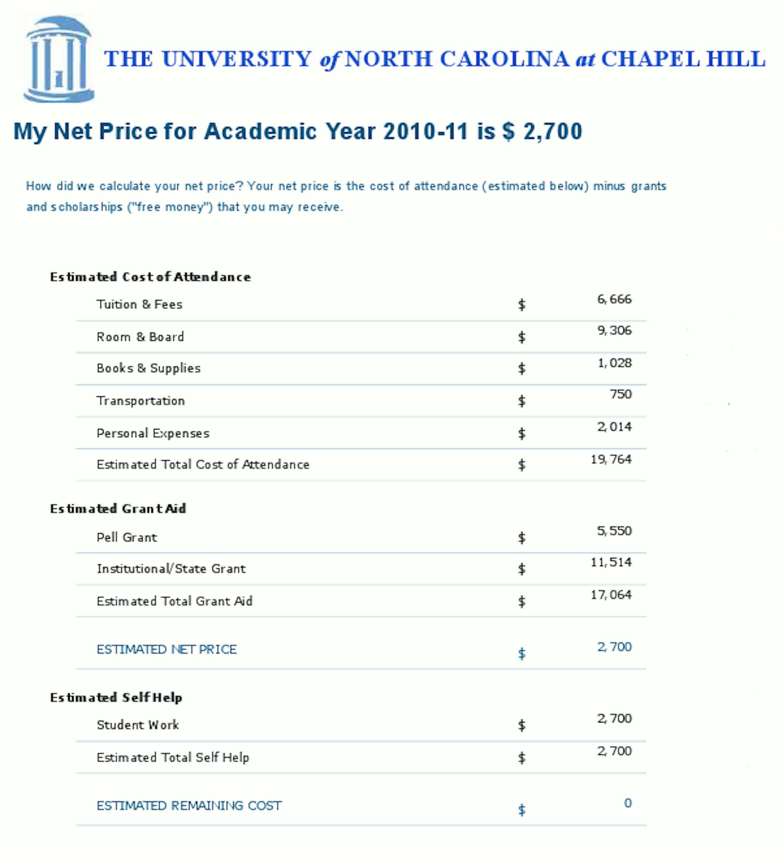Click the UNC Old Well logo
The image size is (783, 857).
tap(59, 60)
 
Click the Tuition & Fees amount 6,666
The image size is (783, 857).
tap(614, 299)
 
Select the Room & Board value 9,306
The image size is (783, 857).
tap(614, 330)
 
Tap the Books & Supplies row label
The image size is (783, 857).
tap(148, 368)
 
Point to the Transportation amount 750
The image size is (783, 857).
tap(621, 394)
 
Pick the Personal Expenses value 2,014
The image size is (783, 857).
tap(614, 427)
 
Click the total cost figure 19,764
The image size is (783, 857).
tap(611, 459)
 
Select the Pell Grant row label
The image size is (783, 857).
tap(127, 537)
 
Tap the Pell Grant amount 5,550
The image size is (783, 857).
tap(614, 531)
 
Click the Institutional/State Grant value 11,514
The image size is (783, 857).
tap(611, 562)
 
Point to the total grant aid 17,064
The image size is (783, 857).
tap(611, 595)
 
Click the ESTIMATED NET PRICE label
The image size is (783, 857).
tap(166, 649)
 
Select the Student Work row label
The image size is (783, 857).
tap(138, 725)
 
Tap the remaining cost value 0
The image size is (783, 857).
tap(627, 803)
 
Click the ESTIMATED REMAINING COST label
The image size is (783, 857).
tap(189, 805)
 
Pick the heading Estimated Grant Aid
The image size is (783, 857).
tap(118, 509)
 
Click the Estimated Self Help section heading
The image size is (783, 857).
tap(116, 698)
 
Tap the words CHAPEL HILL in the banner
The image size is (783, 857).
tap(683, 59)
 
